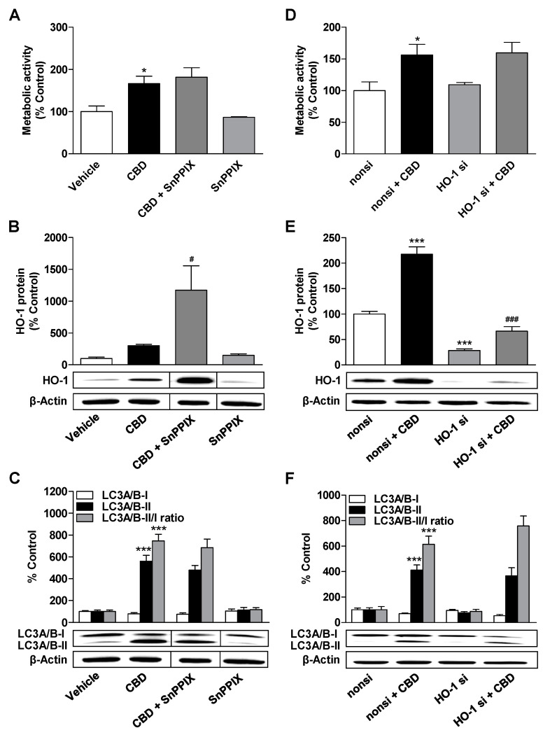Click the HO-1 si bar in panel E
[x=463, y=356]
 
